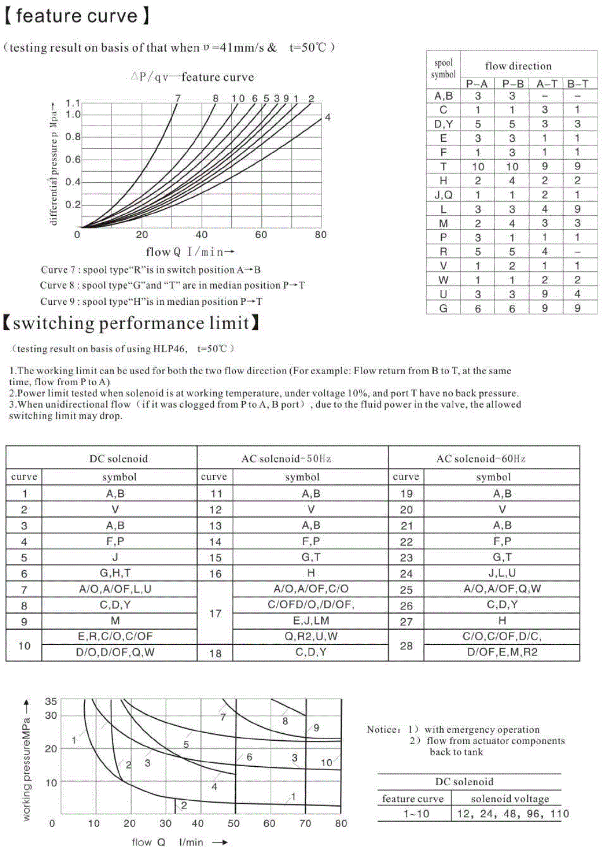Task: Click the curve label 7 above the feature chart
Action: click(x=177, y=98)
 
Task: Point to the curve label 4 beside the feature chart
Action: click(x=327, y=117)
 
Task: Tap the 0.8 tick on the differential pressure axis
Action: click(x=73, y=137)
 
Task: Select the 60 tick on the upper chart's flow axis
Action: click(x=261, y=235)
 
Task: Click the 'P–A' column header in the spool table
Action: click(x=477, y=84)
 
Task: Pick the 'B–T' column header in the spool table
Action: click(x=577, y=84)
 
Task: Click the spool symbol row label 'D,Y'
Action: click(x=443, y=124)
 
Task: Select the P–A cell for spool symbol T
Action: click(x=478, y=167)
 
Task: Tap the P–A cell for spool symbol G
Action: click(x=478, y=308)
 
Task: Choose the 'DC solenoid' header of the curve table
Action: click(x=118, y=459)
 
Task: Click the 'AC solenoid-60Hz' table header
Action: click(x=481, y=459)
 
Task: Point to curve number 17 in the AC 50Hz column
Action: click(x=215, y=613)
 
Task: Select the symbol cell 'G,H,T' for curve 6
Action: click(x=115, y=573)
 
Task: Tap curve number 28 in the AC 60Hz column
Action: click(x=406, y=645)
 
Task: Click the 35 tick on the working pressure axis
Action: click(x=51, y=701)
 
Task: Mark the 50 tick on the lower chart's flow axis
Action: click(x=234, y=823)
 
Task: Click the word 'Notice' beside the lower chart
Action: click(x=382, y=730)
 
